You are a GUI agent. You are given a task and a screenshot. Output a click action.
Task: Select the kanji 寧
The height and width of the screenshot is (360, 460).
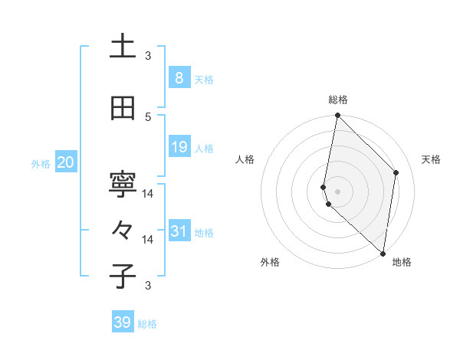tap(123, 185)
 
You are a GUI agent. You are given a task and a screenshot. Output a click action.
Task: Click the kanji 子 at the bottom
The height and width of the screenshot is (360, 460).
tap(123, 276)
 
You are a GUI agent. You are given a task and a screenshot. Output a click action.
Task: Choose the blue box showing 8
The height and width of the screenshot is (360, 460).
tap(179, 77)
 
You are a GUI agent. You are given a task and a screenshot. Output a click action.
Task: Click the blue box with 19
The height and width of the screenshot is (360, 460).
tap(179, 147)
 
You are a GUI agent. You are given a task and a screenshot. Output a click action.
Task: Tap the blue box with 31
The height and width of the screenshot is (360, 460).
tap(179, 231)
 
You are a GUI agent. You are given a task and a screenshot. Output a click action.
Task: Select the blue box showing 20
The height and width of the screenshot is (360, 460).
tap(65, 162)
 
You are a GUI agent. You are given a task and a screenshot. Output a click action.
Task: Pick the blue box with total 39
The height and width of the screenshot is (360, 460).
tap(123, 322)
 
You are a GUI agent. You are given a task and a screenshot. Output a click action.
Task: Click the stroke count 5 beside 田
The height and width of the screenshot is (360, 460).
tap(148, 116)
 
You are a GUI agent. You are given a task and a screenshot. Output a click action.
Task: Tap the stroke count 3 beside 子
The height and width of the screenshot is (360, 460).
tap(148, 286)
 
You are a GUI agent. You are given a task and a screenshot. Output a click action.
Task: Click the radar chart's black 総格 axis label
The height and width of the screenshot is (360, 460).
tap(338, 100)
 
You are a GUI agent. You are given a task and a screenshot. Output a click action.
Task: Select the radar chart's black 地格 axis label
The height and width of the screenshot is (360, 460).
tap(402, 263)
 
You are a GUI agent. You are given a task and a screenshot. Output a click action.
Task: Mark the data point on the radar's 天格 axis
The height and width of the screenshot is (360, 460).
tap(396, 172)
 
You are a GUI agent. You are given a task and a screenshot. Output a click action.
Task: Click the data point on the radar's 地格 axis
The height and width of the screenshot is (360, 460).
tap(383, 254)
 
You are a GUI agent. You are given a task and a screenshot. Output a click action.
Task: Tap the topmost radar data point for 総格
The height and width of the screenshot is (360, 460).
tap(337, 116)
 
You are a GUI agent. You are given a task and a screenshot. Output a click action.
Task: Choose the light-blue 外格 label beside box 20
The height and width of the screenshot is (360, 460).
tap(41, 164)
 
